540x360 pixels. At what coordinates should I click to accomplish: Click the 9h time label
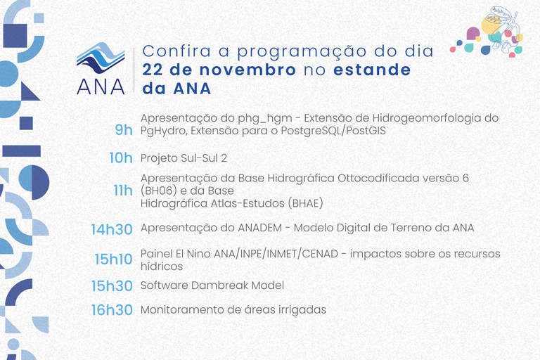coord(123,130)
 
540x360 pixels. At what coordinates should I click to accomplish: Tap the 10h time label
coord(120,158)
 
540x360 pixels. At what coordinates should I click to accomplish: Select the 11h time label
coord(122,191)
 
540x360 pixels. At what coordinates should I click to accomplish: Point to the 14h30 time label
coord(111,229)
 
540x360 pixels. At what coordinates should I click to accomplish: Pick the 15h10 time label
coord(113,259)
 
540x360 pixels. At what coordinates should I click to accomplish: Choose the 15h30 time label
coord(111,286)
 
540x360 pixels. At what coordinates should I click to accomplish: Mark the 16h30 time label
coord(111,310)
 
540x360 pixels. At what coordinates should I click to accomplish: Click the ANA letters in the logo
coord(101,84)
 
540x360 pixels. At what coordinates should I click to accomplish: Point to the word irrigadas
coord(302,309)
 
